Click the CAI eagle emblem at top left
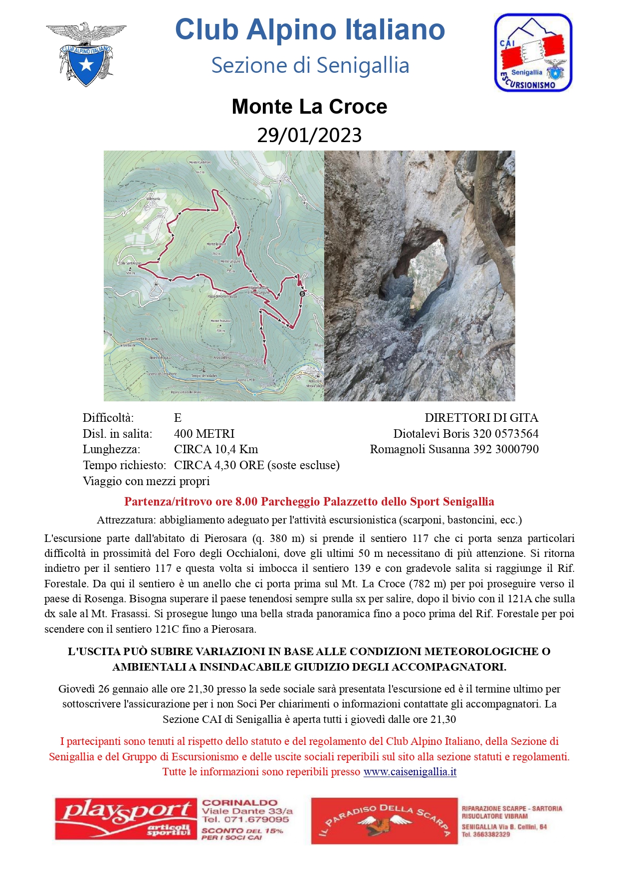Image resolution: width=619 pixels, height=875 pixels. tap(86, 54)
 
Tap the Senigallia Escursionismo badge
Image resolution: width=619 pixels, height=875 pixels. tap(533, 53)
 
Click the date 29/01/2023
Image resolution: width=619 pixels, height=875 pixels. tap(309, 135)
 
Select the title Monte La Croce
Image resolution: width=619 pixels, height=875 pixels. tap(309, 107)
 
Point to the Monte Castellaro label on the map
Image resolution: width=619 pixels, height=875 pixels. tap(200, 163)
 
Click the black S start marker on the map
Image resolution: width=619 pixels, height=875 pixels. tap(302, 294)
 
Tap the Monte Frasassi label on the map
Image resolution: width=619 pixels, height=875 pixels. tap(220, 321)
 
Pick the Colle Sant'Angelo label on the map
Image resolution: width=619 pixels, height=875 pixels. tap(130, 263)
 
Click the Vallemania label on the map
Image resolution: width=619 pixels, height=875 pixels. tap(153, 198)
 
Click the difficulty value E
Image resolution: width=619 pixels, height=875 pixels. tap(178, 418)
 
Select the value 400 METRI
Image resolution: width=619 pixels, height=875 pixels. tap(204, 434)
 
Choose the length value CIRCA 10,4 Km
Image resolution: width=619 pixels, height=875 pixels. tap(216, 449)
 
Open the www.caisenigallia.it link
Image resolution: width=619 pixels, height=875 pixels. tap(410, 772)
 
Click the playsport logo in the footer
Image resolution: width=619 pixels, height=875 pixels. tap(126, 820)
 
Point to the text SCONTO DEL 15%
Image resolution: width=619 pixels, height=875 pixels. tap(242, 831)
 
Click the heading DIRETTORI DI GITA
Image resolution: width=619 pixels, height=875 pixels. tap(481, 418)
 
